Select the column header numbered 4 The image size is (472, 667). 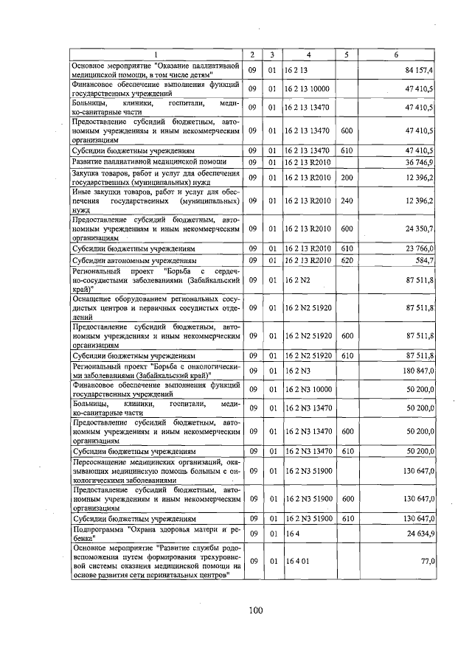pos(309,55)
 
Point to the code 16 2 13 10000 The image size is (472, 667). pos(308,89)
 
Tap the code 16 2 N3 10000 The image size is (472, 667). pos(308,388)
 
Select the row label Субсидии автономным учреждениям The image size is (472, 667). pos(134,260)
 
